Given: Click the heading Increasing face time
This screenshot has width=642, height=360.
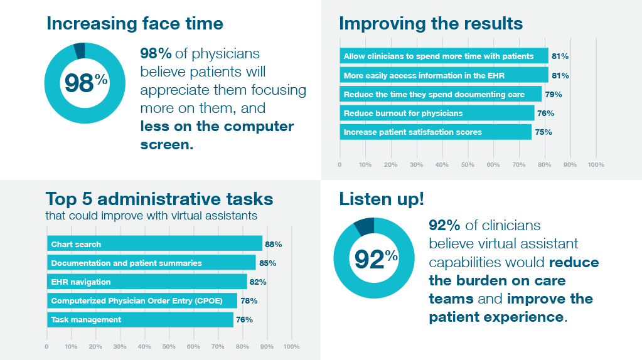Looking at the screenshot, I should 134,24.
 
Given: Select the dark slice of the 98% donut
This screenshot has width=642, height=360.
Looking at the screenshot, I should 80,50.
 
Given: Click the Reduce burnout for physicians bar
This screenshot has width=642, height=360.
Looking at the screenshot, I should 437,114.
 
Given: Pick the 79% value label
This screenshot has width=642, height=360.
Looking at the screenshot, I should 554,95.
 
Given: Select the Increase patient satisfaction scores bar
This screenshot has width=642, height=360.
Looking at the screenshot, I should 436,132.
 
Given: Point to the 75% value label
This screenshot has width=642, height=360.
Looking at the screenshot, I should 543,132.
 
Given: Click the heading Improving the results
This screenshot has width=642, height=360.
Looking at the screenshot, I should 431,24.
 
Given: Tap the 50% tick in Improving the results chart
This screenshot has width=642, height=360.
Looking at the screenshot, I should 468,165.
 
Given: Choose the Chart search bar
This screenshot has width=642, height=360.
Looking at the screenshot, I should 154,244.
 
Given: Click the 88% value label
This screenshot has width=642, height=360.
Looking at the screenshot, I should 274,244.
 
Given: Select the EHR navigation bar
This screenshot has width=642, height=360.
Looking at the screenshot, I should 147,282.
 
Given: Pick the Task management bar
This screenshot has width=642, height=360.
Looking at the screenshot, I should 140,319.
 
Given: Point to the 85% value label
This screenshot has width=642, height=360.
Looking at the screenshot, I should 267,263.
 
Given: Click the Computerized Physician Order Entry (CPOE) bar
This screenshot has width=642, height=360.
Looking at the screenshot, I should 142,300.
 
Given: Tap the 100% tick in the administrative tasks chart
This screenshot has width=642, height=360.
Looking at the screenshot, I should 291,346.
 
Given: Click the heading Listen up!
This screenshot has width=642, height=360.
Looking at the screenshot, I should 382,199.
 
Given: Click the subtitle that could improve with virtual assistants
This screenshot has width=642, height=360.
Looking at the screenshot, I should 151,216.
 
